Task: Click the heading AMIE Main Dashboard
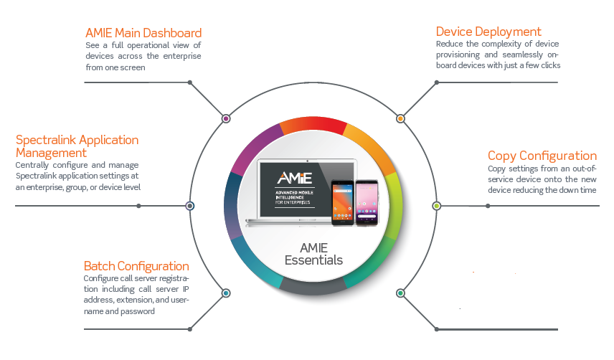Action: click(x=143, y=33)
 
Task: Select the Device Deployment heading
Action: click(x=488, y=32)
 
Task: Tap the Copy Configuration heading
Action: click(x=542, y=156)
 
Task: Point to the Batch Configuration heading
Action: click(x=136, y=266)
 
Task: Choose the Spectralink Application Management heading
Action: click(x=77, y=146)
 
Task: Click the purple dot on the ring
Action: click(x=226, y=118)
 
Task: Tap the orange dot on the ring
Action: click(x=400, y=118)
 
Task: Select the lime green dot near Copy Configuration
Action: click(x=436, y=206)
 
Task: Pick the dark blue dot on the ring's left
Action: click(x=190, y=206)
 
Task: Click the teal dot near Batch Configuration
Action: click(x=226, y=293)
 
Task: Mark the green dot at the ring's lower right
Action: click(x=400, y=293)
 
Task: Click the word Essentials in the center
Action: click(x=313, y=260)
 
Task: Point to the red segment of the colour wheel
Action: click(x=313, y=127)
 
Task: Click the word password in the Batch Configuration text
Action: click(x=139, y=312)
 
